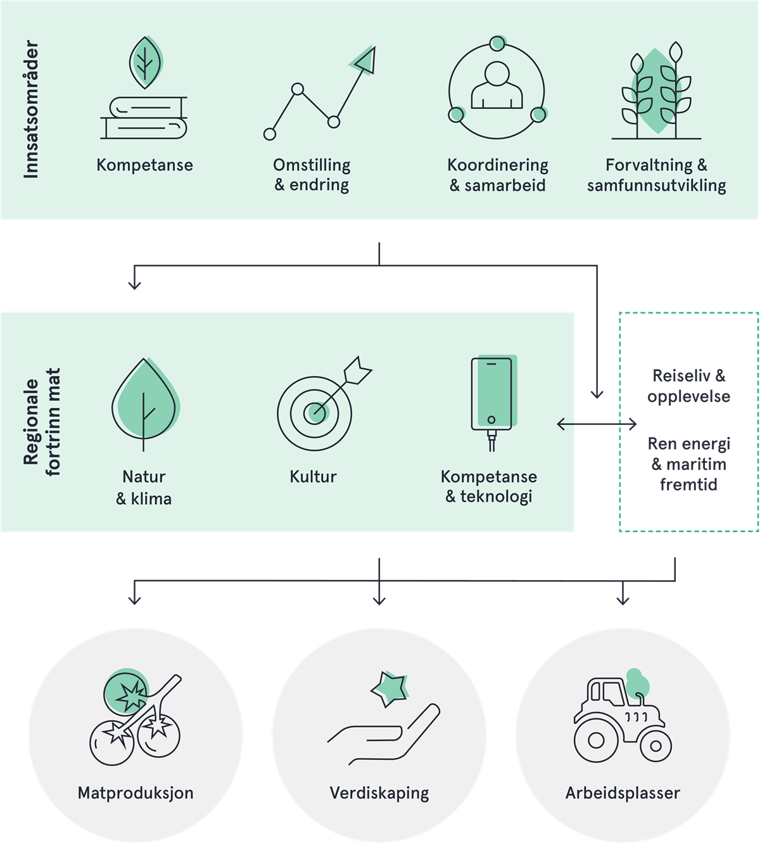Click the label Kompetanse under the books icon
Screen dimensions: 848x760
point(144,165)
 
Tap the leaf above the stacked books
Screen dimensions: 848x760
point(146,62)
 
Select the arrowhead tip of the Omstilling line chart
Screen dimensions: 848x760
point(366,61)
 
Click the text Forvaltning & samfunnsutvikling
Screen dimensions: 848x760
point(656,175)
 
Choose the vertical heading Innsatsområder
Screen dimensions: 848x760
point(31,110)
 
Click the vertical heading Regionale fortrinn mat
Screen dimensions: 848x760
point(42,422)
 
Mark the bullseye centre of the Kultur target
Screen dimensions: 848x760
point(315,413)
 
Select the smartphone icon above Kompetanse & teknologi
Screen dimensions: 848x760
point(491,395)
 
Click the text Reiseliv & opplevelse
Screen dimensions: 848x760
point(688,386)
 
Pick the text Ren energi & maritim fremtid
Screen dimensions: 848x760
point(688,464)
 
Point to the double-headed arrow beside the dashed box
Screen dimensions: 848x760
point(597,424)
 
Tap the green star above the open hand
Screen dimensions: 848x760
point(388,688)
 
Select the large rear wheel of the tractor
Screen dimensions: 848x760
point(596,739)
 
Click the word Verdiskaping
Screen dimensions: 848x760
point(379,793)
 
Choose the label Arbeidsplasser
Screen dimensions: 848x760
point(623,793)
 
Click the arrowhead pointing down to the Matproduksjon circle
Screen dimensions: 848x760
point(134,599)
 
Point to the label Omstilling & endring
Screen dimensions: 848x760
point(312,175)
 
